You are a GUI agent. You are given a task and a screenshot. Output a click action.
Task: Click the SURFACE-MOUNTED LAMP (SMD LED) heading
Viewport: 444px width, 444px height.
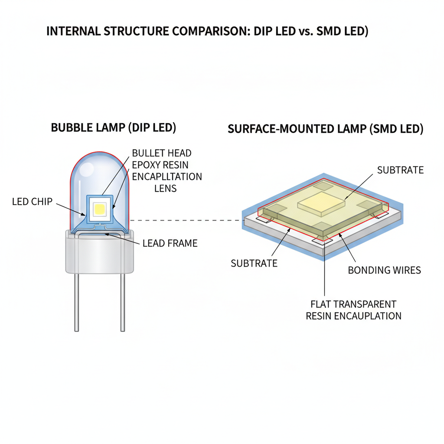click(x=326, y=129)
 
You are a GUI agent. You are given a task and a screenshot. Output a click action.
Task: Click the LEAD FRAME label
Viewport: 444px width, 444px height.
click(x=170, y=243)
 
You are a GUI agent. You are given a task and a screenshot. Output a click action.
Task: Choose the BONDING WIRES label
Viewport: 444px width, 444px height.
click(x=385, y=270)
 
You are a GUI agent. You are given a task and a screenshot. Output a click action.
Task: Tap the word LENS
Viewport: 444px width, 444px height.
click(x=166, y=188)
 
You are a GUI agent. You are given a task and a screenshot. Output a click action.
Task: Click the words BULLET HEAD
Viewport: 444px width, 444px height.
click(x=162, y=153)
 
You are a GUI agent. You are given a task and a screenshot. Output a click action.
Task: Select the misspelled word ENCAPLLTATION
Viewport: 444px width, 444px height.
click(x=167, y=176)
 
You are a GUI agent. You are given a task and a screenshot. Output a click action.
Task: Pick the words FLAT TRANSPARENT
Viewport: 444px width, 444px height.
click(x=353, y=304)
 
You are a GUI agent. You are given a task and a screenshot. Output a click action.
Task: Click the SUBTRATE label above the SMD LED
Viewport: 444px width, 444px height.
click(x=400, y=170)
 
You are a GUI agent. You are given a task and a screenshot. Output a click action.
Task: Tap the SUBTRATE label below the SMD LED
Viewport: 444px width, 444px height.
click(x=254, y=263)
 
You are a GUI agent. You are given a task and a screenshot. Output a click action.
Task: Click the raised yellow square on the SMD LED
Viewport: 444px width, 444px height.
click(x=320, y=203)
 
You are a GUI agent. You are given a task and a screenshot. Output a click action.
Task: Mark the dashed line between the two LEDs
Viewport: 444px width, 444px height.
click(x=186, y=220)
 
